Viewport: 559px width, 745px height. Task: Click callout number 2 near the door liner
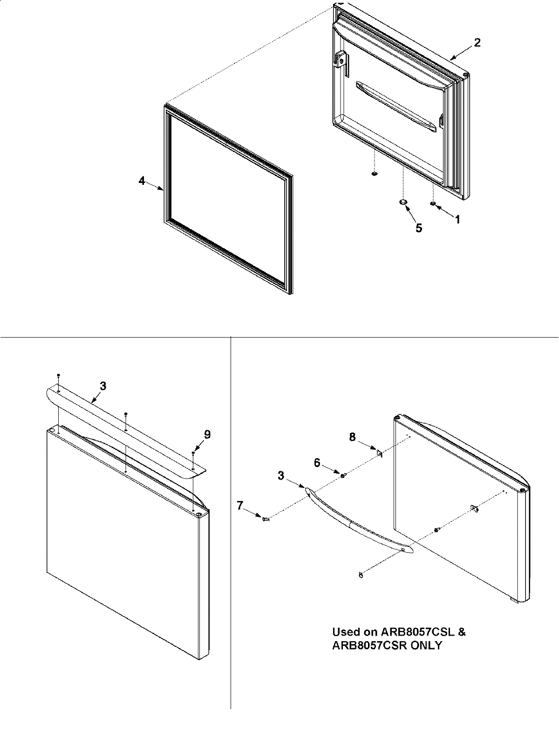tap(477, 42)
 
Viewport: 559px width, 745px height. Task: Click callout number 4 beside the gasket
tap(142, 181)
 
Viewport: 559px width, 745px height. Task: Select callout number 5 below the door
tap(419, 228)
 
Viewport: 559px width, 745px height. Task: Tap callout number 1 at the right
tap(457, 219)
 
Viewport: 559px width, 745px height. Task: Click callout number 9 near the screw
tap(207, 434)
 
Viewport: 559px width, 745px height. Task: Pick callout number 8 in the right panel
tap(353, 437)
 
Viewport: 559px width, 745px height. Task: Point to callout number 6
tap(317, 462)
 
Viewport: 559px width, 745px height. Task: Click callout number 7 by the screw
tap(240, 504)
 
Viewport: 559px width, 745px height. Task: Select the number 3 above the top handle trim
tap(103, 386)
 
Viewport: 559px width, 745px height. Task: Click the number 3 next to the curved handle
tap(281, 475)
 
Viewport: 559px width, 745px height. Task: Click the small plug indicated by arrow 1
tap(433, 203)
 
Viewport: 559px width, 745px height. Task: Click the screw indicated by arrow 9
tap(193, 453)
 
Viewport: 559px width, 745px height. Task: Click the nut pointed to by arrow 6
tap(342, 475)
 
